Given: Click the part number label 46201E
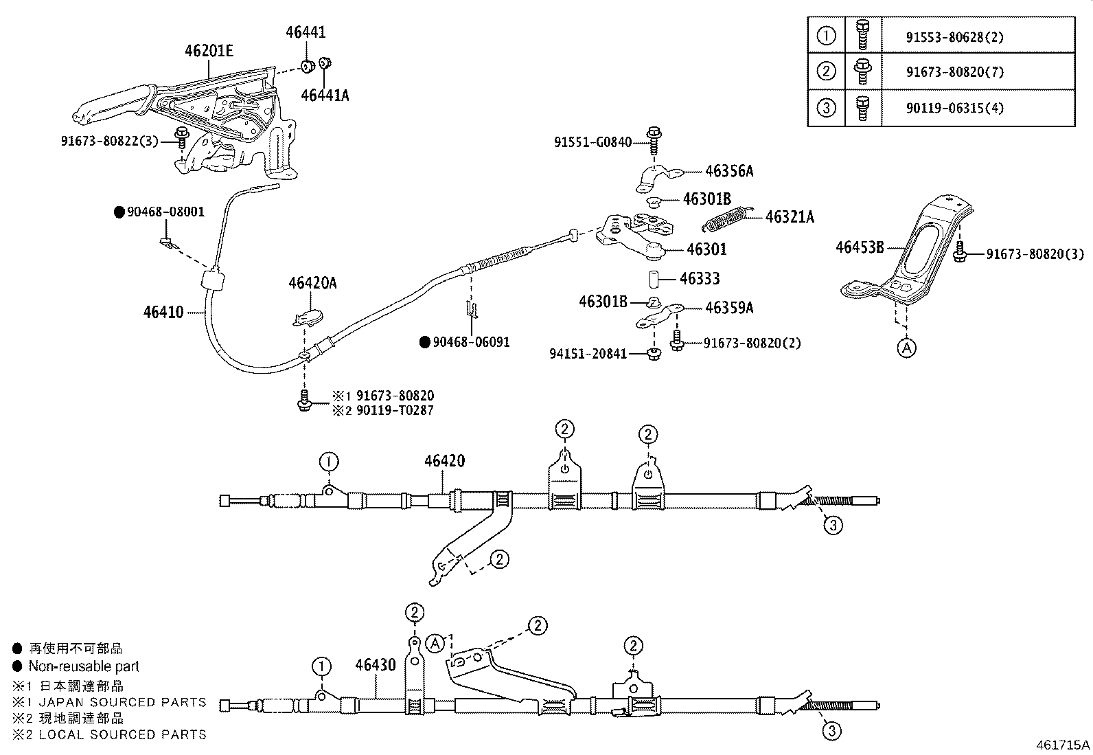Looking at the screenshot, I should (209, 51).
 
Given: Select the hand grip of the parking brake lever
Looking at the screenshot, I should (110, 104).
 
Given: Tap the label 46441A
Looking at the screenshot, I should (325, 95).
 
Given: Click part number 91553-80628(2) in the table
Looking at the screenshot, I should (954, 37).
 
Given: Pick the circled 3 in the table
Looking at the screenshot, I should (827, 108).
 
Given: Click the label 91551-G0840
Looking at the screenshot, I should (592, 142).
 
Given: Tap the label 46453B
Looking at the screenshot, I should (859, 247).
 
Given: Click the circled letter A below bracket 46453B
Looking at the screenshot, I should (906, 348).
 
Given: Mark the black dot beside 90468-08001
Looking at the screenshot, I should (118, 212).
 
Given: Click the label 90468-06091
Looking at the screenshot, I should (471, 342).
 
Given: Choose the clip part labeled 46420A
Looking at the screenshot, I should (307, 316).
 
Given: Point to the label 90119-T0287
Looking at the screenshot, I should (395, 410).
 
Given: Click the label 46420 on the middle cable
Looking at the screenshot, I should (444, 461).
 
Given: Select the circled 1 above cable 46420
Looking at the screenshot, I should (329, 461).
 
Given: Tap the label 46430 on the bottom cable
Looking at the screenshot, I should (376, 665).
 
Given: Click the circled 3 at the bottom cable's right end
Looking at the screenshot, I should (831, 731).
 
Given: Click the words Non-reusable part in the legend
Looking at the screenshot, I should (84, 666).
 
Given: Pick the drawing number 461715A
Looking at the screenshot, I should (1063, 744).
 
